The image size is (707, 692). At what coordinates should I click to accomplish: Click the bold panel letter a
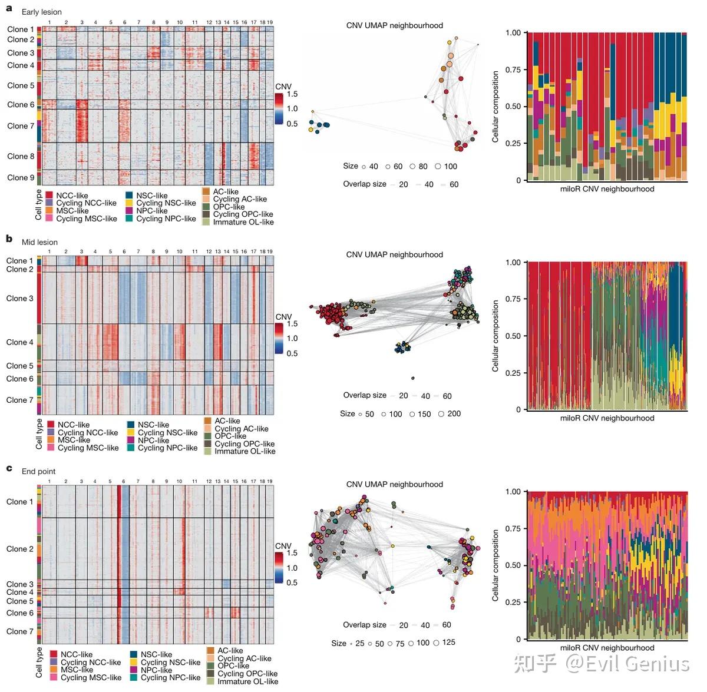coord(9,9)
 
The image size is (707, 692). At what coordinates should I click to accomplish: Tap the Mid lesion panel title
coord(39,242)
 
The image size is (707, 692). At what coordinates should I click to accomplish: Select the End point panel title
coord(38,471)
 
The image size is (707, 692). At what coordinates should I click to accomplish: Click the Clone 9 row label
coord(21,177)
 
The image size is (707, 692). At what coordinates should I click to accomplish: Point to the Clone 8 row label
coord(21,156)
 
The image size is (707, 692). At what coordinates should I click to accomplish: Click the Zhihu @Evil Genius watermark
coord(601,663)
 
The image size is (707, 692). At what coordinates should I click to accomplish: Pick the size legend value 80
coord(423,166)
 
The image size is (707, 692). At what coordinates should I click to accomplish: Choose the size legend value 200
coord(454,413)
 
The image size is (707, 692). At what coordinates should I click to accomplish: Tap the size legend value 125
coord(448,642)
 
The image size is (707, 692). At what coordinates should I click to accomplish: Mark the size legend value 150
coord(424,414)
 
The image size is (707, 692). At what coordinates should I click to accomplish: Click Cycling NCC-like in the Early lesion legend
coord(87,203)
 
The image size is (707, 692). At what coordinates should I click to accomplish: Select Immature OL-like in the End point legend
coord(247,681)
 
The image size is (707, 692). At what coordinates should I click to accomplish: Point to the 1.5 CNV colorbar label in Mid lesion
coord(292,324)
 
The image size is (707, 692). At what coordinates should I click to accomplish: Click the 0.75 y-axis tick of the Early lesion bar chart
coord(513,69)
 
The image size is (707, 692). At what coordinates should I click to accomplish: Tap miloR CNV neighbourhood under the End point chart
coord(607,648)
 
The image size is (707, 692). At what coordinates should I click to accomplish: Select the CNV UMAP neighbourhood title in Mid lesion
coord(394,254)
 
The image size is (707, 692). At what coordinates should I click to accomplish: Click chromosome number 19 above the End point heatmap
coord(270,481)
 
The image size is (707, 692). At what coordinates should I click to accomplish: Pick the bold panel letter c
coord(9,468)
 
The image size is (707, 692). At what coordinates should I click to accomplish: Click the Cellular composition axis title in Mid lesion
coord(495,336)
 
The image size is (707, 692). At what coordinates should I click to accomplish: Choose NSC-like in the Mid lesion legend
coord(153,425)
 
